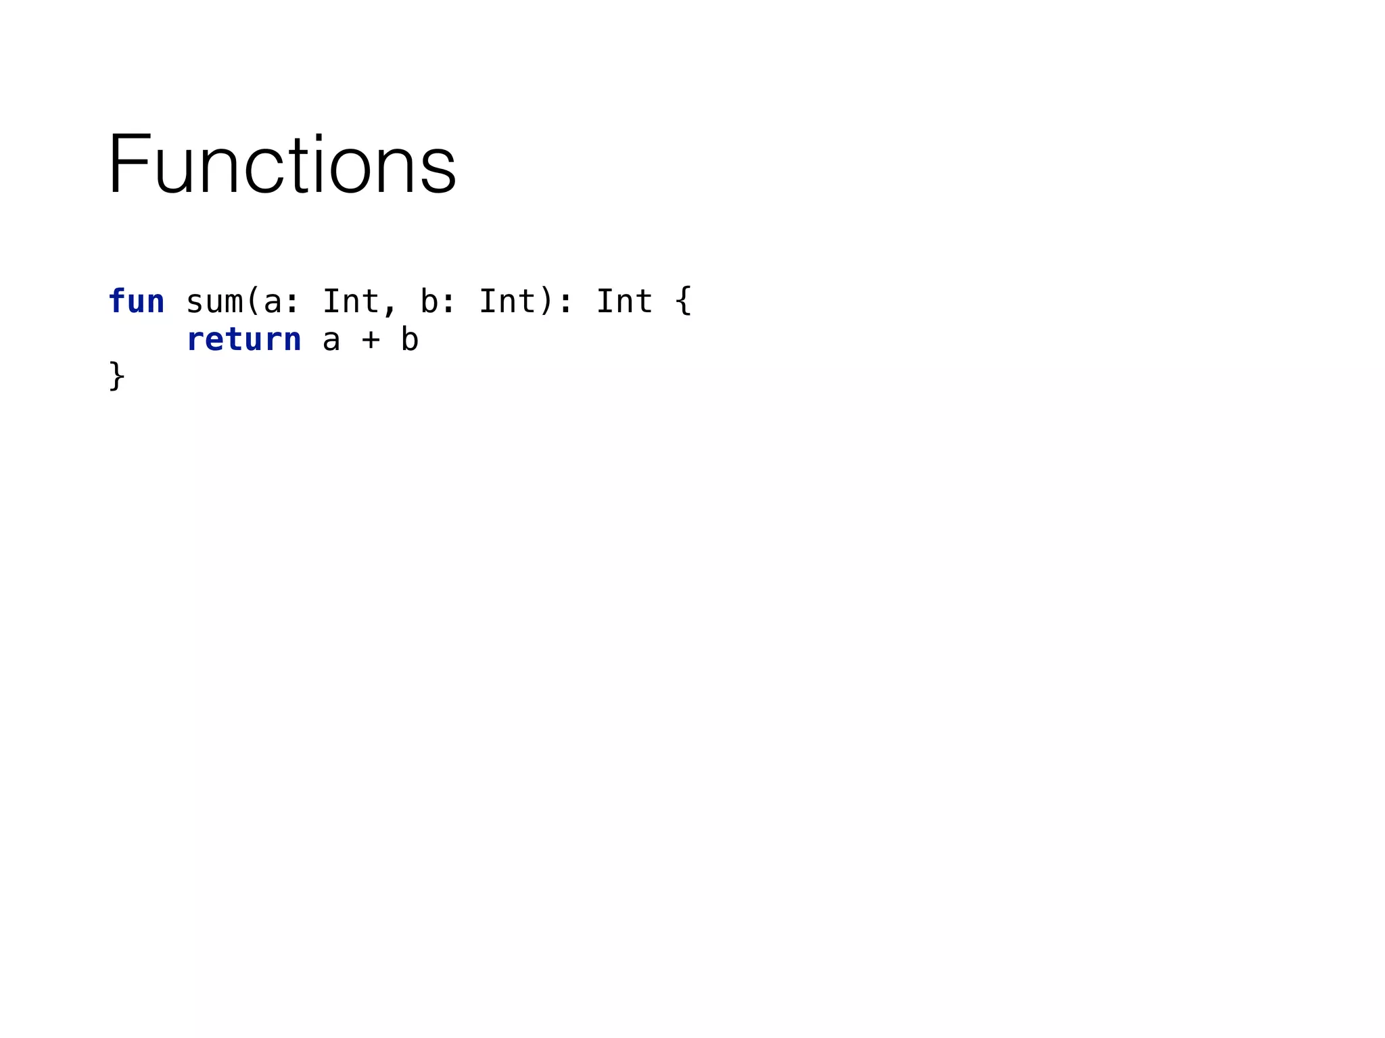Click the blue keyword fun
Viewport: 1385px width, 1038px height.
click(x=136, y=301)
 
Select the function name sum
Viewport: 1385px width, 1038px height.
click(x=214, y=301)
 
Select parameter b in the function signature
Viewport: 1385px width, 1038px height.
click(x=429, y=301)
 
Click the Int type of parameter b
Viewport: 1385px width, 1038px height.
click(x=507, y=301)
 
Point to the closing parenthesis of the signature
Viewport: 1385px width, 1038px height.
click(x=546, y=301)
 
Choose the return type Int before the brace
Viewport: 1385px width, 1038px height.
click(x=624, y=301)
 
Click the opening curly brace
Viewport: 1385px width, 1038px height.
click(x=683, y=301)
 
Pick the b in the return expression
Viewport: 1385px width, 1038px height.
click(x=409, y=339)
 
